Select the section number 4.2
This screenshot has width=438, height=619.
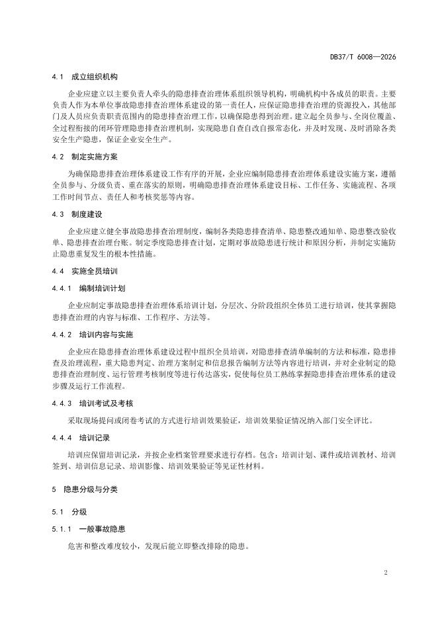click(x=58, y=157)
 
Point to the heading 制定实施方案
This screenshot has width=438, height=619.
click(x=95, y=157)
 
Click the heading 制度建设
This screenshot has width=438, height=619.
click(x=87, y=215)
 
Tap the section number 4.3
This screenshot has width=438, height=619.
click(x=58, y=215)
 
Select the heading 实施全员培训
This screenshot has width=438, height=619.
click(x=95, y=271)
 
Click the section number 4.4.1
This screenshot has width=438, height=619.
click(x=61, y=289)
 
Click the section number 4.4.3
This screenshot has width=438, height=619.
click(x=61, y=403)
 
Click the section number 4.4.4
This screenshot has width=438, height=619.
click(x=61, y=438)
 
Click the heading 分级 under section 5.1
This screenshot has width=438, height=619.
click(x=79, y=512)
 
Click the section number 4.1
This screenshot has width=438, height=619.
click(x=58, y=77)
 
